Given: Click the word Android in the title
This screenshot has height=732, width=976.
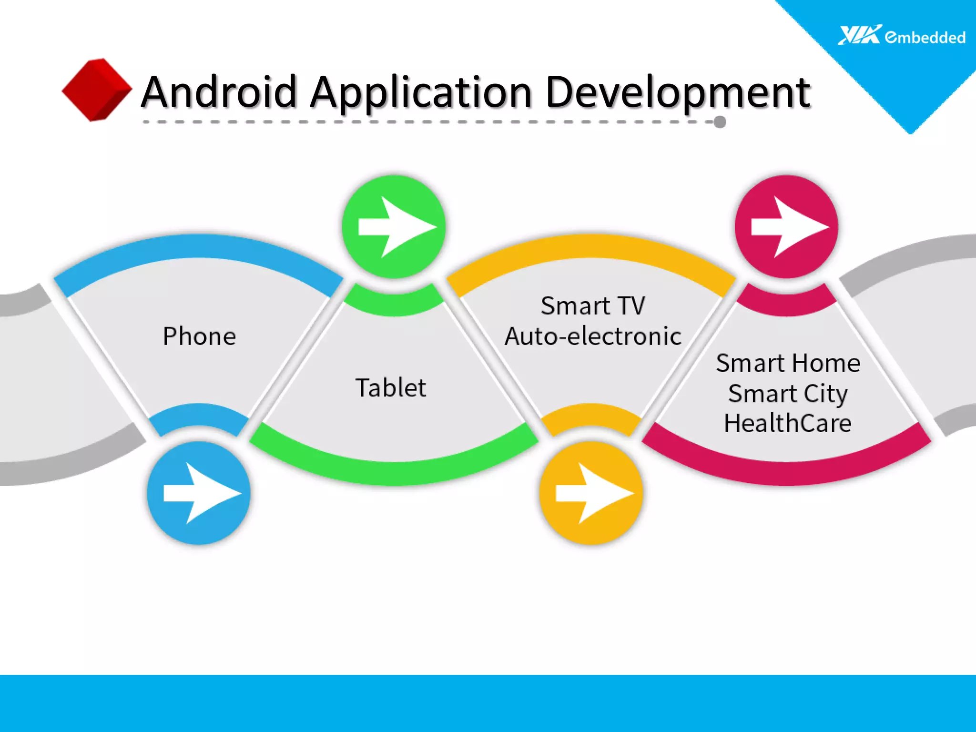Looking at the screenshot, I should coord(220,91).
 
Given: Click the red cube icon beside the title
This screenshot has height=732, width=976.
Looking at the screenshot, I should coord(97,90).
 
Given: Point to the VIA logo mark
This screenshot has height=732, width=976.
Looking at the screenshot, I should coord(859,35).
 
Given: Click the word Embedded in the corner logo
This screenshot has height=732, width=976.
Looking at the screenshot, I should coord(925,37).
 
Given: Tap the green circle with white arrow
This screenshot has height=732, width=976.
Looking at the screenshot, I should coord(394,227).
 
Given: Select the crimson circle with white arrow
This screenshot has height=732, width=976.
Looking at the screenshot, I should coord(786,227).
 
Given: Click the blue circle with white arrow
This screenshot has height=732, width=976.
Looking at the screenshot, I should coord(199,493).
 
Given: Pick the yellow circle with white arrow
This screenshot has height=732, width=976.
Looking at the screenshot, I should coord(591,493).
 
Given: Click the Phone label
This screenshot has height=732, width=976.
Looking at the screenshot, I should coord(199,336).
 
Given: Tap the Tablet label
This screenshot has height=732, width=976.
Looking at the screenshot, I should coord(391,387).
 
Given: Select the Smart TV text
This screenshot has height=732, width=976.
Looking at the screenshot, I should coord(593,305).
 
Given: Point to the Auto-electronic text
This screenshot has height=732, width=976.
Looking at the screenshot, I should coord(593,336).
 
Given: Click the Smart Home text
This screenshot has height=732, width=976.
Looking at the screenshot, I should coord(788,363).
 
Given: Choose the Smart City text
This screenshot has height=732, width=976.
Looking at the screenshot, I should coord(788,394).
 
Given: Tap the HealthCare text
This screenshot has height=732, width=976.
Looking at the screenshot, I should coord(788,423).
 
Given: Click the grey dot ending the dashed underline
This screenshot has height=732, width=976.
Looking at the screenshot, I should coord(720,122).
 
